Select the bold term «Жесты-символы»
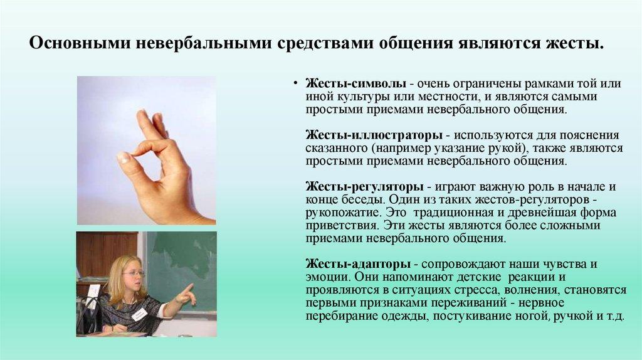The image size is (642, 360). click(x=356, y=83)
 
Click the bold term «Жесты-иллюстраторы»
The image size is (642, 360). click(x=374, y=135)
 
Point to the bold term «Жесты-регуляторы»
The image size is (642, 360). click(x=364, y=187)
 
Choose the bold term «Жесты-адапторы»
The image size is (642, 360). click(x=358, y=264)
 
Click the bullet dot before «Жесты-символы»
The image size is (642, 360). click(x=295, y=83)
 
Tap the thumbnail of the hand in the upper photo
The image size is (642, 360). click(x=124, y=156)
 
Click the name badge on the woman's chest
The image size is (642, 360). click(x=139, y=315)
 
